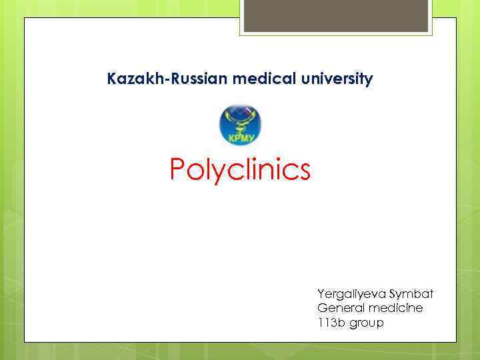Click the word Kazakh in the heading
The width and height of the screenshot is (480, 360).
tap(129, 79)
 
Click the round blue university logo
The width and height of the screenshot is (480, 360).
tap(240, 125)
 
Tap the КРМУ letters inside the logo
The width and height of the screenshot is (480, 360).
tap(240, 139)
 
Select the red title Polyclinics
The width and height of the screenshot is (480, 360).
tap(240, 170)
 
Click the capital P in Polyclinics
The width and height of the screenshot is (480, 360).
tap(178, 169)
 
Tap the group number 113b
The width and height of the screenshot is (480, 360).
tap(330, 323)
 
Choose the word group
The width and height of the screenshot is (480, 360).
tap(365, 324)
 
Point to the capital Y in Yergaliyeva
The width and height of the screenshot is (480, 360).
tap(321, 293)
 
